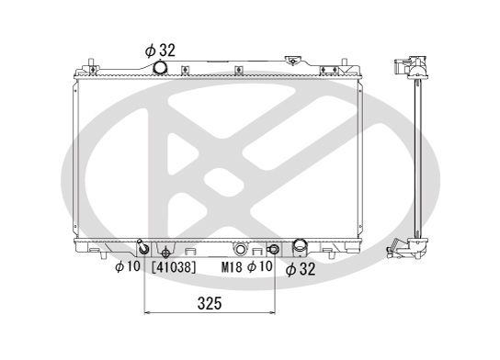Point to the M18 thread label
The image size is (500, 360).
(232, 268)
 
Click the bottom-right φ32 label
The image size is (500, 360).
(300, 269)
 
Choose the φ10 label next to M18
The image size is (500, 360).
(260, 268)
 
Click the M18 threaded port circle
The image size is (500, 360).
(240, 249)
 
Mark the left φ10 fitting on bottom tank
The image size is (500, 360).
(142, 249)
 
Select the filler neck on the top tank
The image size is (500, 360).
(293, 62)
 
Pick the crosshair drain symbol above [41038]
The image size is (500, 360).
(165, 252)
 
